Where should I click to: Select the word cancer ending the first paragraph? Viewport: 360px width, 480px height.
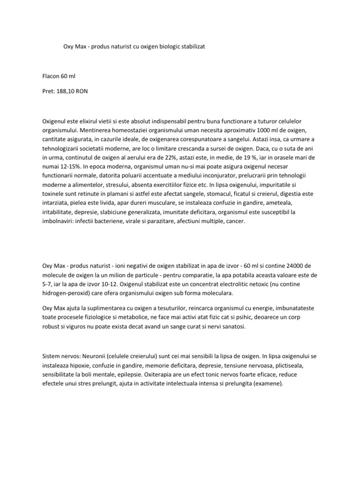point(234,220)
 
